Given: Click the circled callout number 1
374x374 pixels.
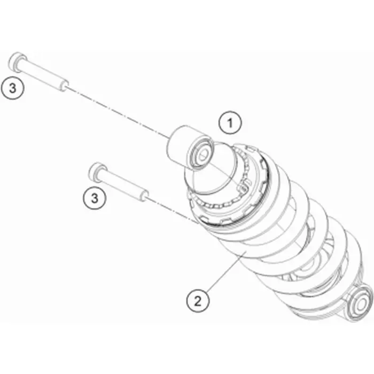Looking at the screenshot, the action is click(230, 123).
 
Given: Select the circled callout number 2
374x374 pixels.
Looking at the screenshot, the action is click(198, 301).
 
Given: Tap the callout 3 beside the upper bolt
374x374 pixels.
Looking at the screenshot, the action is click(12, 88).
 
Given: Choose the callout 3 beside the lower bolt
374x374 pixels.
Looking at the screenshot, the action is click(95, 198).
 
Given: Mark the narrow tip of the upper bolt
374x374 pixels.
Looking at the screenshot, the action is click(64, 86).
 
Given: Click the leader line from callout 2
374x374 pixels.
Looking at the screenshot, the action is click(225, 273).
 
